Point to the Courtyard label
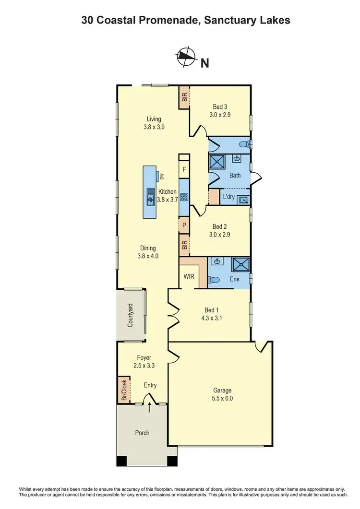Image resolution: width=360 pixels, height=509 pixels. click(x=130, y=316)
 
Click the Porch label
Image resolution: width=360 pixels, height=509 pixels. click(x=142, y=433)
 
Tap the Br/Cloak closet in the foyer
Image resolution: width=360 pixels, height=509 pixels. click(x=124, y=390)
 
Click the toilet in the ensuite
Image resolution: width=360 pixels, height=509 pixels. click(x=215, y=280)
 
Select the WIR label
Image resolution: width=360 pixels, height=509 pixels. click(x=188, y=277)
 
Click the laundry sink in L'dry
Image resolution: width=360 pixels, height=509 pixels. click(x=243, y=199)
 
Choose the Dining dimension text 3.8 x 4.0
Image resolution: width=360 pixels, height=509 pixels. click(x=148, y=256)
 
